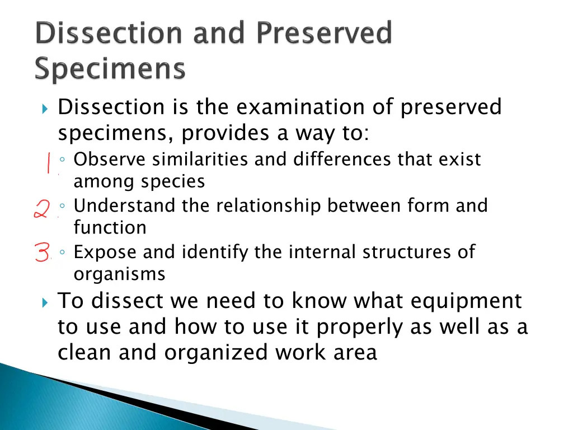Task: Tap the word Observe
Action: coord(110,160)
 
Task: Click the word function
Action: coord(110,228)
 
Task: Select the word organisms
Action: coord(119,274)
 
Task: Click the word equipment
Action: coord(466,302)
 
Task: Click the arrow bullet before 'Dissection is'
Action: coord(45,108)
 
